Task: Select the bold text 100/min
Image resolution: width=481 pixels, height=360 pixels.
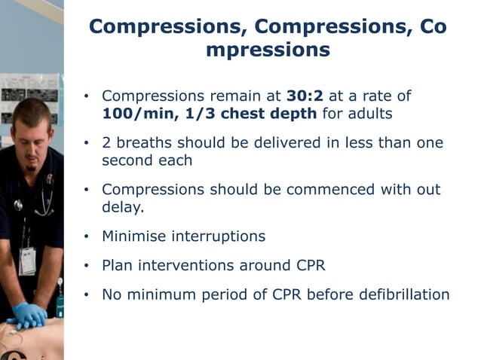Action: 132,114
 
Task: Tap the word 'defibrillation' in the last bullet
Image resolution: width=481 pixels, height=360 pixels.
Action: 400,294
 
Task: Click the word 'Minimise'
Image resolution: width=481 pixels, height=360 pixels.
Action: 135,236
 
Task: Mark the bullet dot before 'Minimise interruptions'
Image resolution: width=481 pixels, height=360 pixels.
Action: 87,237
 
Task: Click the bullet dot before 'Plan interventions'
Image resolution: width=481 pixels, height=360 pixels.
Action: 87,266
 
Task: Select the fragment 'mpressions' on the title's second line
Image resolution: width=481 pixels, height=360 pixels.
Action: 268,51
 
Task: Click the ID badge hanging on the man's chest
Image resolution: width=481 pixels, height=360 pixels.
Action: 26,260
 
